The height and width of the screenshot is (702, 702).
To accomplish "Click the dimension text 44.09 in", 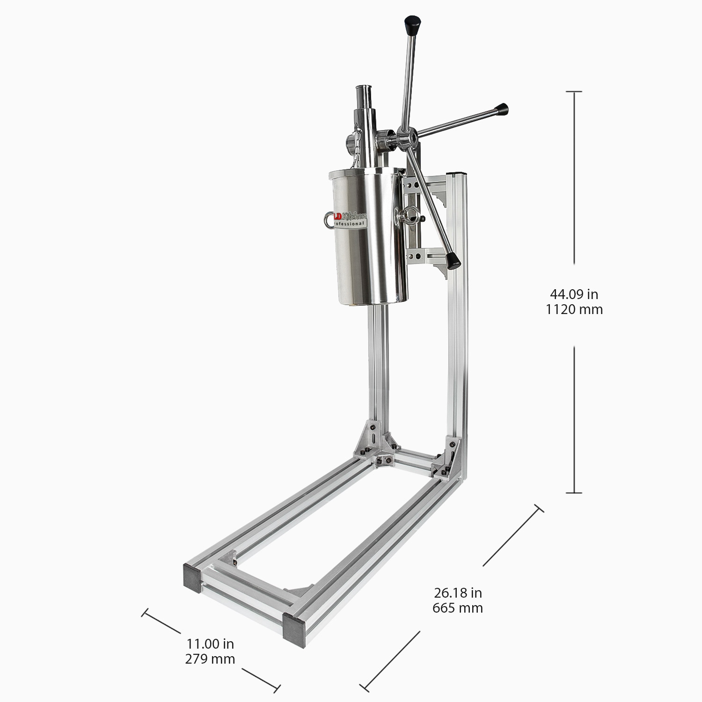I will pyautogui.click(x=574, y=294).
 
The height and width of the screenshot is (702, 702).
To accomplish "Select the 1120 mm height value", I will pyautogui.click(x=574, y=309).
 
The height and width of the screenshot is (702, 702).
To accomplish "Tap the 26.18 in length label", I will pyautogui.click(x=457, y=593).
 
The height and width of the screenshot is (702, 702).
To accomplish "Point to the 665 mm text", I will pyautogui.click(x=457, y=608).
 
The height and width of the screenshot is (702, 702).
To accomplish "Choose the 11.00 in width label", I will pyautogui.click(x=210, y=644).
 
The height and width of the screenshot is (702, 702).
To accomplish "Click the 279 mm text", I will pyautogui.click(x=210, y=659).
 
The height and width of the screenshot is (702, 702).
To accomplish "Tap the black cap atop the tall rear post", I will pyautogui.click(x=459, y=173).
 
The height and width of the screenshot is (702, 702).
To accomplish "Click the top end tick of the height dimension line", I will pyautogui.click(x=574, y=92).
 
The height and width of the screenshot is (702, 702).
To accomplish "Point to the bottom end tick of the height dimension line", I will pyautogui.click(x=574, y=493).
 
